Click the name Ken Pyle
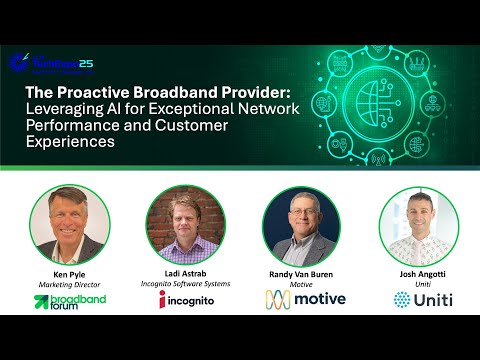(x=69, y=273)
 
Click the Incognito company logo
(x=186, y=299)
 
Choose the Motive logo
(x=305, y=299)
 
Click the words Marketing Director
(x=69, y=284)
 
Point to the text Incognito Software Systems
(x=186, y=285)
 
